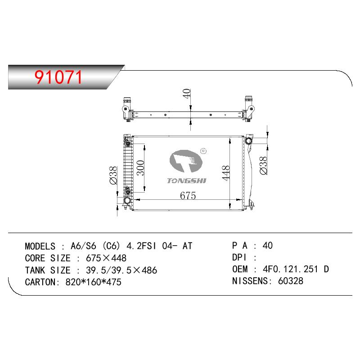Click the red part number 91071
[58, 77]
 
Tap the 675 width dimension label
[188, 195]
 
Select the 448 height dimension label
[226, 173]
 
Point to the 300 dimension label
[140, 167]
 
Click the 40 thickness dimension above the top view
[187, 94]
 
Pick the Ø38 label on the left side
[113, 175]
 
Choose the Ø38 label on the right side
[263, 166]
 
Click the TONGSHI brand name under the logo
[186, 181]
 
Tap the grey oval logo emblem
[186, 161]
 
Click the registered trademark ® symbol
[203, 151]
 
